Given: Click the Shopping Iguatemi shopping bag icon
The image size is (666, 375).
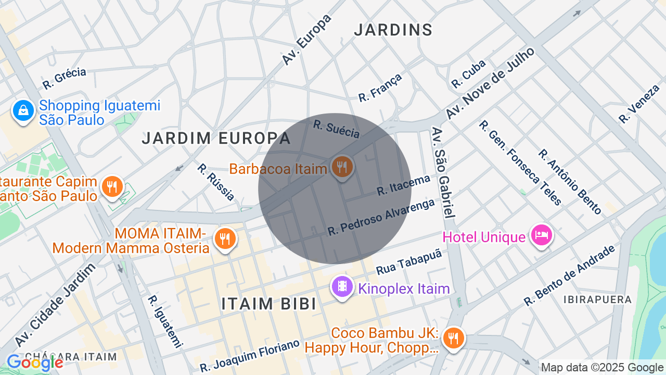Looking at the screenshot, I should [23, 111].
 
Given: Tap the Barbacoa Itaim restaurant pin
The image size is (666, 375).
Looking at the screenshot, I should [342, 167].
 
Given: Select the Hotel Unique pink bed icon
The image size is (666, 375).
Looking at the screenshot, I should [541, 235].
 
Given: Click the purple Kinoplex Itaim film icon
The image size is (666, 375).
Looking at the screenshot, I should [342, 286].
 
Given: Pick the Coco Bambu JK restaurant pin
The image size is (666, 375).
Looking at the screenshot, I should [453, 338].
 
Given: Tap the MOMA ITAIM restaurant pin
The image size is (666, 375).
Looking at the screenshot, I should [225, 239].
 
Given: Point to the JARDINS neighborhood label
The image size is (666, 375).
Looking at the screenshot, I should [393, 30].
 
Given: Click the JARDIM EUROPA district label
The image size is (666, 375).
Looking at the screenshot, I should [216, 139].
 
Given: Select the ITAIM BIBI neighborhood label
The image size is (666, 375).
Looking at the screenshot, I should [269, 304].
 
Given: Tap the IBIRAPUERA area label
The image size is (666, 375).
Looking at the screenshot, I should [598, 300].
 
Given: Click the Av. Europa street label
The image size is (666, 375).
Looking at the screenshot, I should [307, 40].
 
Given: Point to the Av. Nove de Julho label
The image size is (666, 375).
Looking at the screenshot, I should [490, 83].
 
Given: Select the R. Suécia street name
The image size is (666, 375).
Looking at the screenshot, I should [336, 129].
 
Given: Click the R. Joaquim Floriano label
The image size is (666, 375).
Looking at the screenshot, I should [250, 355].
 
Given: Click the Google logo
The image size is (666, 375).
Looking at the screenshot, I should [35, 362].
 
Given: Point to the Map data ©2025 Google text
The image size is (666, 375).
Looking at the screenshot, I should [602, 367].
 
